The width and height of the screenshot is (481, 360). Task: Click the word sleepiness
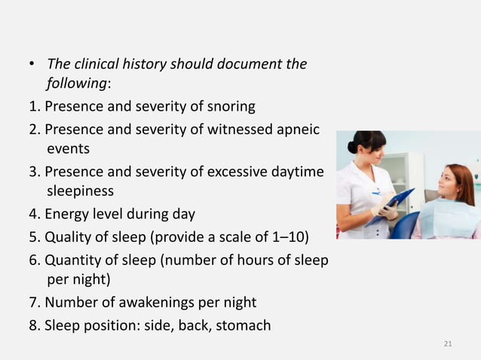pos(80,191)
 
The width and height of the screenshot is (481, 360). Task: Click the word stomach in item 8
pos(243,325)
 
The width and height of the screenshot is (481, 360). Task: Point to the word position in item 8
pos(109,325)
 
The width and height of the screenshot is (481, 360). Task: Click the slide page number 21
pos(448,344)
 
